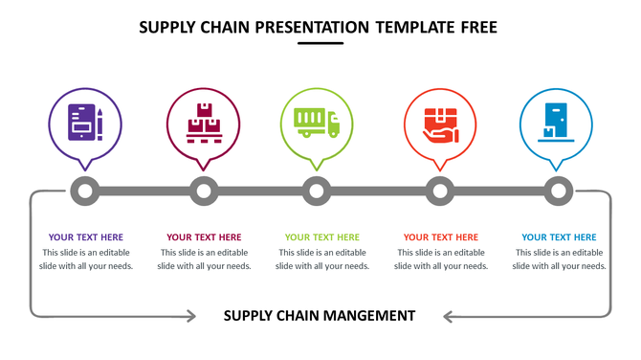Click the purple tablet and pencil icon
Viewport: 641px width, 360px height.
pyautogui.click(x=85, y=123)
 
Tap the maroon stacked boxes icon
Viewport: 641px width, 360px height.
pyautogui.click(x=203, y=123)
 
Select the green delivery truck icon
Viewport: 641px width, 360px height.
pyautogui.click(x=317, y=122)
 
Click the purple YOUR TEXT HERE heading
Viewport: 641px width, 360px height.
pyautogui.click(x=86, y=237)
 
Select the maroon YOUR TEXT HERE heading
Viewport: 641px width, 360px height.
pyautogui.click(x=204, y=237)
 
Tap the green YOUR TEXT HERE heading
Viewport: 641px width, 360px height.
pyautogui.click(x=322, y=237)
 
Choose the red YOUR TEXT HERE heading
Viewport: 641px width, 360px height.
pyautogui.click(x=441, y=237)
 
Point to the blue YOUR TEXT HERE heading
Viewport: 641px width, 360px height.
pyautogui.click(x=559, y=237)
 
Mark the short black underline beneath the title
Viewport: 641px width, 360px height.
pyautogui.click(x=320, y=43)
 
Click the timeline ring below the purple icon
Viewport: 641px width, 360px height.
pyautogui.click(x=85, y=191)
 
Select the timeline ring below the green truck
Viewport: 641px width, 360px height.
pyautogui.click(x=317, y=191)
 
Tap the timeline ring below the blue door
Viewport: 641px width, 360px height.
pyautogui.click(x=557, y=191)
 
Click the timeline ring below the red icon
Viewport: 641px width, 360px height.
pyautogui.click(x=440, y=191)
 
